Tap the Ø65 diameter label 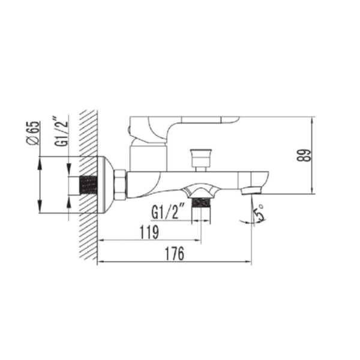pos(34,133)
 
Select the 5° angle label pos(259,214)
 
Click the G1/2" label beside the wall pos(60,131)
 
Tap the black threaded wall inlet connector pos(88,185)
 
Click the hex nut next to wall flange pos(120,185)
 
